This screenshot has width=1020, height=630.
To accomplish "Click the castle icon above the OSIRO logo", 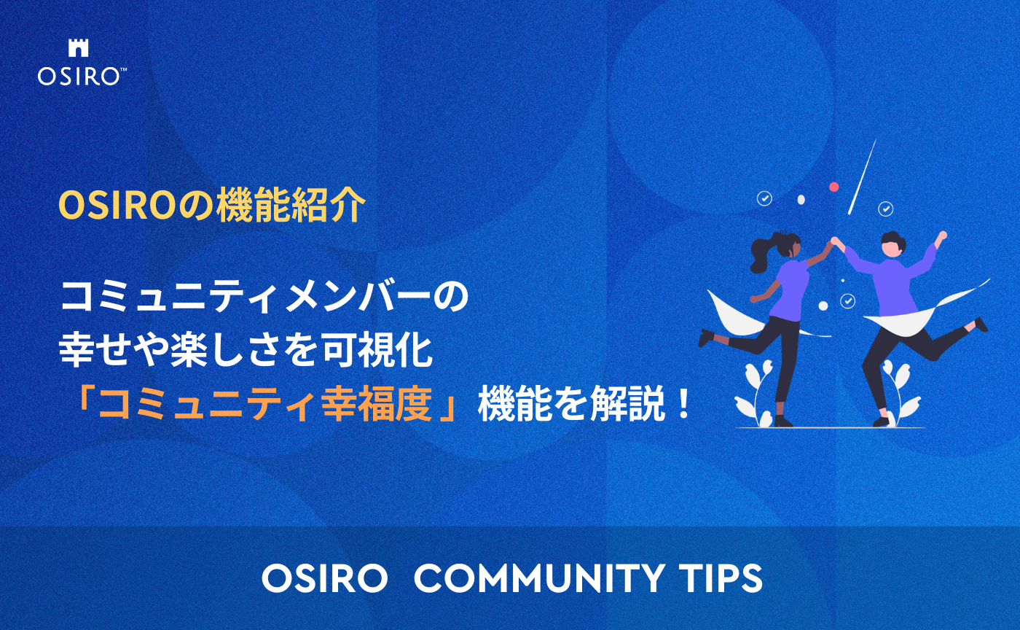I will (x=77, y=48).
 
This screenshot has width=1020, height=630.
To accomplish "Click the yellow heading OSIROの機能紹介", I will (x=211, y=206).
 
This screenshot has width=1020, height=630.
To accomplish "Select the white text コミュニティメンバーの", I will (x=264, y=298).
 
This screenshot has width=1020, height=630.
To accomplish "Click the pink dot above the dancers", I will (x=834, y=187).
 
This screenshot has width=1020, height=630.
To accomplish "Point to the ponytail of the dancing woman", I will (x=762, y=248).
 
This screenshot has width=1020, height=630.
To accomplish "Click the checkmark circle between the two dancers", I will (x=847, y=300).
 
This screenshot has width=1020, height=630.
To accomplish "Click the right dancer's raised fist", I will (x=942, y=236).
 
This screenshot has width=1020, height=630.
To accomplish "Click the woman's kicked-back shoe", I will (x=705, y=338).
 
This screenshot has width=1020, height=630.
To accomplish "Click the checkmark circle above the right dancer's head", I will (x=886, y=209).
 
